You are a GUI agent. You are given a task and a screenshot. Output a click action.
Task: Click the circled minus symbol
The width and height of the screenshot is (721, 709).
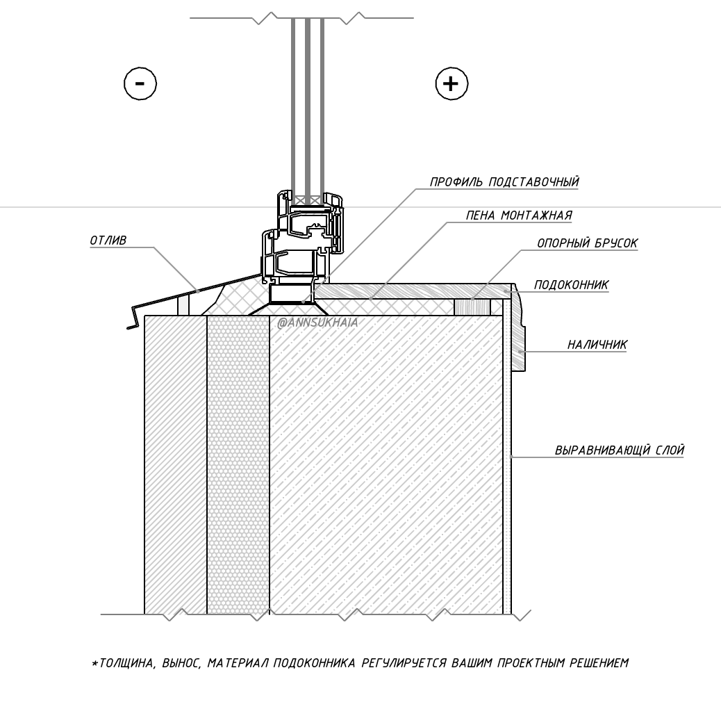tap(140, 83)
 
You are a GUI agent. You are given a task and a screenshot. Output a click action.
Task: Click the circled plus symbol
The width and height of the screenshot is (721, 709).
tap(451, 83)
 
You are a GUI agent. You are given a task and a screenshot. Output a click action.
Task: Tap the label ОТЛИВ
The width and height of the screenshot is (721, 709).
tap(108, 241)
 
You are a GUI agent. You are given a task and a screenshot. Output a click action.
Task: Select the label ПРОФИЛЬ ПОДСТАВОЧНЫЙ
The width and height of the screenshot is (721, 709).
tap(504, 181)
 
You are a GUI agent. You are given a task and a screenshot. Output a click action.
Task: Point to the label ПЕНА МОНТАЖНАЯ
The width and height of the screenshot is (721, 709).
tap(519, 215)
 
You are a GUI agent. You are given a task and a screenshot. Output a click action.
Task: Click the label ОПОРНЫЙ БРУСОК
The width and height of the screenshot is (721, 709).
tap(587, 243)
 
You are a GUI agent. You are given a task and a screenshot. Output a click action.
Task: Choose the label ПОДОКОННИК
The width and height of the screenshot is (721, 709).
tap(571, 285)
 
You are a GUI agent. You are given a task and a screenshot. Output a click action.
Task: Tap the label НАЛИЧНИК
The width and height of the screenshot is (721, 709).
tap(597, 345)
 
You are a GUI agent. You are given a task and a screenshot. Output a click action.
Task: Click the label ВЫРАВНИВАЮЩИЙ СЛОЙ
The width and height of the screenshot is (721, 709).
tap(620, 450)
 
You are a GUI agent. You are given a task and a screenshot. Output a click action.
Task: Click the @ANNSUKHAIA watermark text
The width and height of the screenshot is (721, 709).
tap(317, 323)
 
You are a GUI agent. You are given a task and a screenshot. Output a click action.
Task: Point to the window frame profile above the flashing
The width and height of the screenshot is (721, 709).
tap(303, 237)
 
